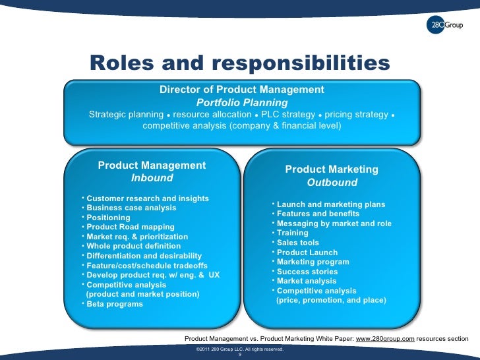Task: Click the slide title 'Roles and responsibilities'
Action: pos(239,63)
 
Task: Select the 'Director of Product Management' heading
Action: pos(242,90)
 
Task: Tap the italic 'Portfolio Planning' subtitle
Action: pos(242,103)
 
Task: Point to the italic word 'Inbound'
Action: pos(152,178)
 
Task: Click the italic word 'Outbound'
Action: pos(332,183)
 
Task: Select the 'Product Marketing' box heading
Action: pos(332,169)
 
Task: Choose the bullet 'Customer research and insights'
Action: pos(148,198)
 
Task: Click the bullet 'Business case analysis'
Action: pos(131,208)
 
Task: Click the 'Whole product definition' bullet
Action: pos(135,246)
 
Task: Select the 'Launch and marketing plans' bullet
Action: pos(330,204)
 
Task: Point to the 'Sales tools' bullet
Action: pos(297,243)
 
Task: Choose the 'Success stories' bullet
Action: pos(307,272)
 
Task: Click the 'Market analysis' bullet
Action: pos(306,281)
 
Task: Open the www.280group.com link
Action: pos(385,338)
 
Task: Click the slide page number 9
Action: pos(240,354)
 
